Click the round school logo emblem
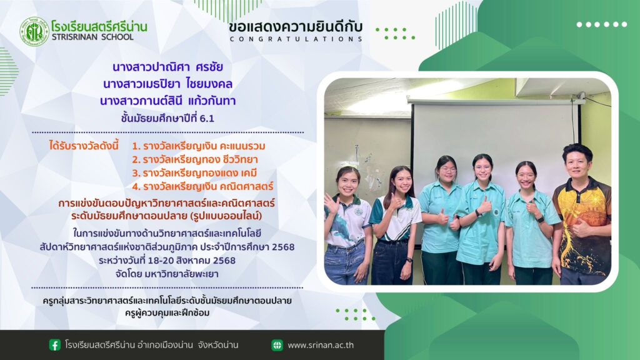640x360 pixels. [34, 31]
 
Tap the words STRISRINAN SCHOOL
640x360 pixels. [92, 37]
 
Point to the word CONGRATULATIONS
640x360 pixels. [296, 39]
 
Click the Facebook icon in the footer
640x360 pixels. [55, 345]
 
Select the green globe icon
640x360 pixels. [277, 345]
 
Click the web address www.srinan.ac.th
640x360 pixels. [321, 345]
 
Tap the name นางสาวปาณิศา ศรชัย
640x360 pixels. [167, 67]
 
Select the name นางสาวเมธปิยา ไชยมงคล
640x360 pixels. [167, 84]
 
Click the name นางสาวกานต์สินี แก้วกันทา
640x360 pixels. [167, 101]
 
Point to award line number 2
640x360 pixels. [195, 159]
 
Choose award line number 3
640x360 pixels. [194, 173]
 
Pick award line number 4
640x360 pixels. [202, 186]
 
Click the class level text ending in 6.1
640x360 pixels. [167, 118]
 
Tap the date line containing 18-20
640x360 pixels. [167, 261]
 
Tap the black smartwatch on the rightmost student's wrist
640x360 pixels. [541, 219]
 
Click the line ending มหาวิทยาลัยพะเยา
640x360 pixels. [167, 274]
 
